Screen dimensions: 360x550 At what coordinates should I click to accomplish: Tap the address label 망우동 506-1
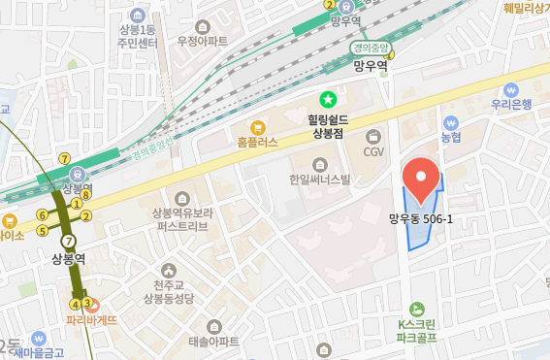(x=421, y=218)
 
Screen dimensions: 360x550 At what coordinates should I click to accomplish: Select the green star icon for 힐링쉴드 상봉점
(x=328, y=99)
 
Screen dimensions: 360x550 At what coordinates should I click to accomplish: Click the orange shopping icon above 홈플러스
(x=257, y=126)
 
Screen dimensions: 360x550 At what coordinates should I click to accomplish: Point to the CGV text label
(x=373, y=151)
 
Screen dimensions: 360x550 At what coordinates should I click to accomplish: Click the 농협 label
(x=451, y=138)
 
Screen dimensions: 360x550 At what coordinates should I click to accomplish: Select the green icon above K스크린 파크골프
(x=417, y=308)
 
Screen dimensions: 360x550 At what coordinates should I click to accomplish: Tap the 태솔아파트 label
(x=213, y=342)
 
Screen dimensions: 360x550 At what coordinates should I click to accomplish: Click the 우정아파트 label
(x=203, y=41)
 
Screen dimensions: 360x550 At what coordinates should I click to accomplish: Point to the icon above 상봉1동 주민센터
(x=138, y=15)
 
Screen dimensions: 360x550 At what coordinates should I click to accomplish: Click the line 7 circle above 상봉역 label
(x=68, y=241)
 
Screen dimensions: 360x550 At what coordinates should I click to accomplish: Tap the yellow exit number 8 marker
(x=86, y=194)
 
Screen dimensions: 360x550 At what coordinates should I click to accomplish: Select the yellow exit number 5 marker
(x=43, y=231)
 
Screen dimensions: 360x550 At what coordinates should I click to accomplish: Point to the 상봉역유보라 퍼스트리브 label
(x=182, y=219)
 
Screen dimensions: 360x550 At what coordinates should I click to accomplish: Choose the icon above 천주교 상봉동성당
(x=172, y=269)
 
